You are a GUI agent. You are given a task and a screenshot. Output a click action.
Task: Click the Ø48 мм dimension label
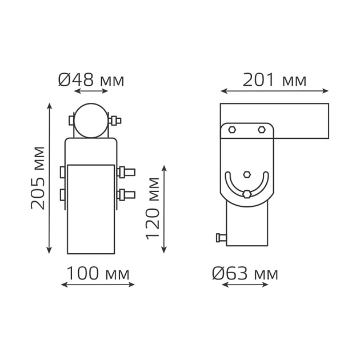(91, 80)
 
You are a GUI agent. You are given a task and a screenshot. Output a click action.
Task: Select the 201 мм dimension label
(274, 80)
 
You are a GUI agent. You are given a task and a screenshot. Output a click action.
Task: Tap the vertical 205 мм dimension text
(38, 178)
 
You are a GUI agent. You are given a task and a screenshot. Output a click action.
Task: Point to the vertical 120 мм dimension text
(152, 208)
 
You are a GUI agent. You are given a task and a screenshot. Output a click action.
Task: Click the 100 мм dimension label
(97, 274)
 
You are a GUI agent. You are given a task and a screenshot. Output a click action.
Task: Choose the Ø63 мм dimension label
(245, 274)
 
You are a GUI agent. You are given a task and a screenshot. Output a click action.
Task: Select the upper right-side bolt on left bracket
(126, 171)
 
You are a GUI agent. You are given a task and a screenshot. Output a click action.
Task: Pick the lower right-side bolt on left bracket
(126, 195)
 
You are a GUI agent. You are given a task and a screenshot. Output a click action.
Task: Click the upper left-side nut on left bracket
(62, 171)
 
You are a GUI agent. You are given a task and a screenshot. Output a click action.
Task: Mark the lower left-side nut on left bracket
(62, 195)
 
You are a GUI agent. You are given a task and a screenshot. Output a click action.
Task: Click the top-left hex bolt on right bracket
(232, 130)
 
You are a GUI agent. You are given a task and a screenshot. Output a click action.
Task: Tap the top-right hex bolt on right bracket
(261, 130)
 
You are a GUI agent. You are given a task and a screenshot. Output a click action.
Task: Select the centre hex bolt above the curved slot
(247, 174)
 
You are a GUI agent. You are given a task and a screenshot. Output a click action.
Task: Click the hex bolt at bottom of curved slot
(247, 194)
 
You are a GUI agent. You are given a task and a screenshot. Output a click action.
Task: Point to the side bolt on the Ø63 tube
(221, 238)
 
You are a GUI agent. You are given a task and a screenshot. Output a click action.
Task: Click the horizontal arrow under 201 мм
(274, 91)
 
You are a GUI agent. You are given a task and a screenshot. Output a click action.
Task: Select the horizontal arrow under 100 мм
(97, 285)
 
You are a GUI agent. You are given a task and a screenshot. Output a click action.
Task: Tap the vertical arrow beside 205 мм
(50, 178)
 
